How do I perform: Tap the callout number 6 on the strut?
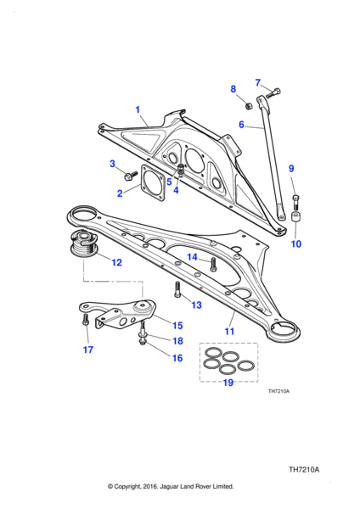(x=241, y=125)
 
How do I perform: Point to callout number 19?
(x=228, y=383)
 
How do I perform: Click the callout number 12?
(x=116, y=263)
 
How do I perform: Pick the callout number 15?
(x=177, y=325)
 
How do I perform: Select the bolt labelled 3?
(x=131, y=176)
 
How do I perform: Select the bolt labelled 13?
(x=177, y=291)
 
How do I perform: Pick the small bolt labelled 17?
(x=86, y=322)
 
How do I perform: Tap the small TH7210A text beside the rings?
(x=278, y=391)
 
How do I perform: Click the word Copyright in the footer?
(x=143, y=487)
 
